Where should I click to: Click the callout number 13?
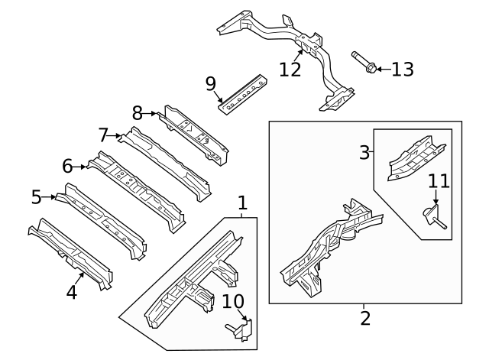(402, 70)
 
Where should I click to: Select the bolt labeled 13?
(361, 63)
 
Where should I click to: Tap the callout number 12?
(290, 70)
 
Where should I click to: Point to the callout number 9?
(211, 83)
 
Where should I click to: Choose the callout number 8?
(138, 113)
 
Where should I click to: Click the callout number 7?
(105, 135)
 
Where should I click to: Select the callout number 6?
(67, 165)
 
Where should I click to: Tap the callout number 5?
(36, 197)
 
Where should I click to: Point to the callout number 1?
(242, 203)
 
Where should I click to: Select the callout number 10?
(232, 302)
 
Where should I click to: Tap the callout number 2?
(365, 318)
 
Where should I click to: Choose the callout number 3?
(364, 152)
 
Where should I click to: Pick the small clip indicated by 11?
(433, 215)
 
